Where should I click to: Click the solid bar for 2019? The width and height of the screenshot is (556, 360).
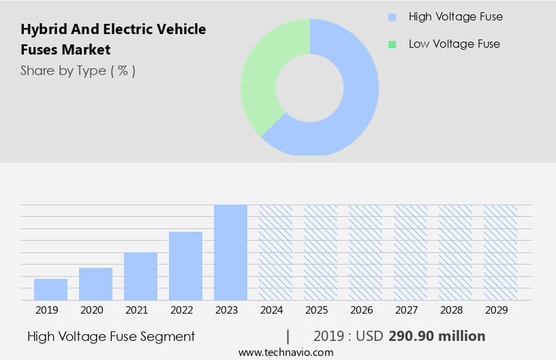[x=50, y=289]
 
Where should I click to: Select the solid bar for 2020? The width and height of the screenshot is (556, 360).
[x=95, y=284]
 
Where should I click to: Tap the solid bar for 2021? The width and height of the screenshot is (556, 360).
[x=140, y=276]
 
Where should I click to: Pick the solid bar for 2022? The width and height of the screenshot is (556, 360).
[x=185, y=266]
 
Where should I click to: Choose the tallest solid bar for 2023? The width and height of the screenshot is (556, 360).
[x=230, y=252]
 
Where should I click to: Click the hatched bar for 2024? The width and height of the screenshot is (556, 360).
[x=275, y=252]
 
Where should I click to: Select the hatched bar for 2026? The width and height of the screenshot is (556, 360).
[x=365, y=252]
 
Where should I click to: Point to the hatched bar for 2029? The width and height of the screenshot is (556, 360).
[x=500, y=252]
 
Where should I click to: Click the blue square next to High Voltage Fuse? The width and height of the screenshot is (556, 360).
[x=392, y=17]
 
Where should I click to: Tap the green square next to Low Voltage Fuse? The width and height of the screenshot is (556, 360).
[x=392, y=44]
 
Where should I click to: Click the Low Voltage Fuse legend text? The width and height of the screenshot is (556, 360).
[x=454, y=44]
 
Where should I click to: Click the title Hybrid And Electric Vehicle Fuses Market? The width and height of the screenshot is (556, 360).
[x=113, y=40]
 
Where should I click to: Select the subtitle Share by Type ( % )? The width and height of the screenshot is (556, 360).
[x=78, y=71]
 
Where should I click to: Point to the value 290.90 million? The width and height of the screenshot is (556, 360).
[x=437, y=336]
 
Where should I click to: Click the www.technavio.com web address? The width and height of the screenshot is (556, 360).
[x=285, y=352]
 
